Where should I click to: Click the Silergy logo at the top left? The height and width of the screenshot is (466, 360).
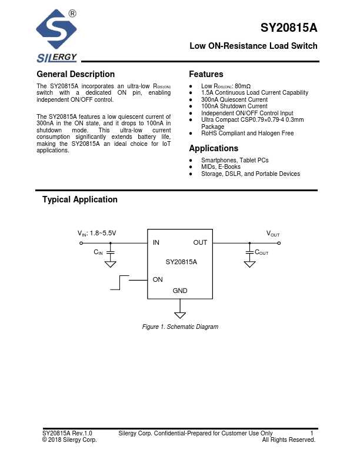pos(56,35)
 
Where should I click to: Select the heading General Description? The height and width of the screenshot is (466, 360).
pos(75,74)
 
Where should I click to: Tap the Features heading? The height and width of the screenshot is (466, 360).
pos(206,74)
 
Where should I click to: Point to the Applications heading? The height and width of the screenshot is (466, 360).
pos(214,148)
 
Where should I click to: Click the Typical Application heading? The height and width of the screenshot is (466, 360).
pos(79,199)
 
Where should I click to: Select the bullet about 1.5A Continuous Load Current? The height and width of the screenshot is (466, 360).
pos(254,92)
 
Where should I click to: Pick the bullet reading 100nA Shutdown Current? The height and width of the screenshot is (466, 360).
pos(234,106)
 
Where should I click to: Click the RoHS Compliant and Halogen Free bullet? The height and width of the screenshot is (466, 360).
pos(247,134)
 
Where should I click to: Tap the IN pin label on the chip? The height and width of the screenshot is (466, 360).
pos(156,242)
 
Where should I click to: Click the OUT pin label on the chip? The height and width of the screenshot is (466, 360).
pos(200,242)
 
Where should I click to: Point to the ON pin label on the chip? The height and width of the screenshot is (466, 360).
pos(158,279)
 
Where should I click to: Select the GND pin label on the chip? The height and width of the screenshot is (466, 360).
pos(180,291)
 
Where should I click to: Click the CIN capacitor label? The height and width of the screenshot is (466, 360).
pos(98,252)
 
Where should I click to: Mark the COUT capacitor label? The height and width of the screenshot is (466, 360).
pos(261,252)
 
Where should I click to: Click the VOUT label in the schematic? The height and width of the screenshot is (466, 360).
pos(273,234)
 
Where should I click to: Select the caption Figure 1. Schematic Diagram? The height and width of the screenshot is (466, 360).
pos(180,327)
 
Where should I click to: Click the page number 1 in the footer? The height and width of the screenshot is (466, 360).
pos(312,433)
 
